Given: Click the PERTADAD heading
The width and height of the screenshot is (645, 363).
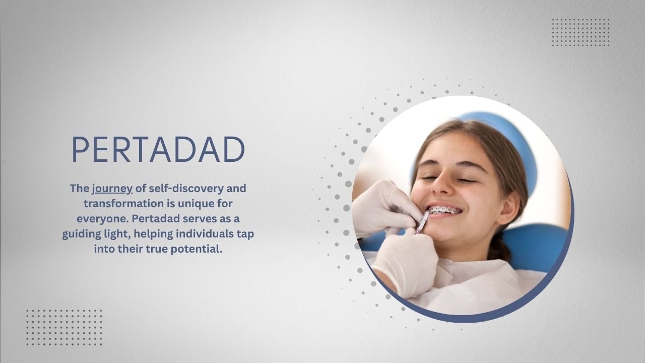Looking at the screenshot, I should tap(158, 149).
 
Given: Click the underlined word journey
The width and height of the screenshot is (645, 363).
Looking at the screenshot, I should tap(112, 189).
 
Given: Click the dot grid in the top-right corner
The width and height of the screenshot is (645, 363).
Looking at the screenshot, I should tap(580, 32).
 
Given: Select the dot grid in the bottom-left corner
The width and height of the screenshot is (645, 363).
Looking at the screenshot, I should tap(64, 327).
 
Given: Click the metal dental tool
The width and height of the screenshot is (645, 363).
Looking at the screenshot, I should tap(422, 222).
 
